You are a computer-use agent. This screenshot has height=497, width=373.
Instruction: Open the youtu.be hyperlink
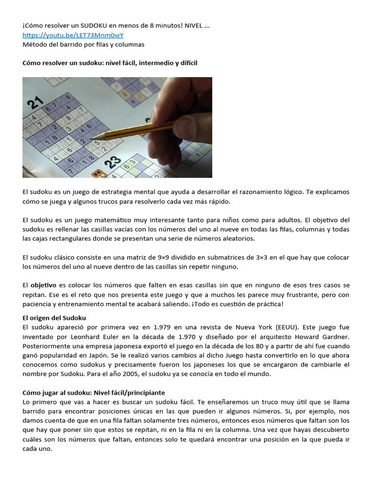73,35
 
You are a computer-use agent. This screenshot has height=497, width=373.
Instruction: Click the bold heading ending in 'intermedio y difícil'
110,63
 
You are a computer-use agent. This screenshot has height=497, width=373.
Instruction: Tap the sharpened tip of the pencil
92,137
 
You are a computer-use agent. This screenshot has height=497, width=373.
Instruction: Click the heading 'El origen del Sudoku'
54,318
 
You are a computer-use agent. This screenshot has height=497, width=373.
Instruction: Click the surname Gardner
335,336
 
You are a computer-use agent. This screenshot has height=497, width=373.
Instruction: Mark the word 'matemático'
116,220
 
